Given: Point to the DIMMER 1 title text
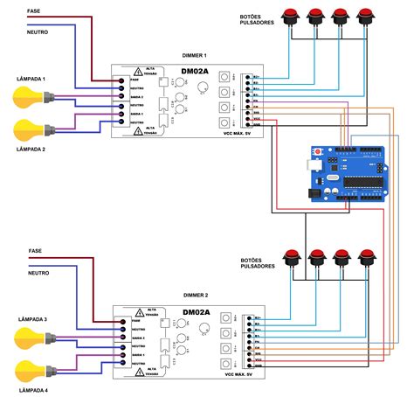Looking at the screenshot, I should tap(195, 55).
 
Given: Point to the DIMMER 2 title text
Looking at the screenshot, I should tap(196, 296).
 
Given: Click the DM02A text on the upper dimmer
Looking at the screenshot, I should tap(194, 72).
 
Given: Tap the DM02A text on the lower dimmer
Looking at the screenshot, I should tap(195, 312).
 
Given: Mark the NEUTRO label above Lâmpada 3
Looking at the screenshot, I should tap(38, 273).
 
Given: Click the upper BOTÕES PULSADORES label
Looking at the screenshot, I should tap(258, 20).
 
